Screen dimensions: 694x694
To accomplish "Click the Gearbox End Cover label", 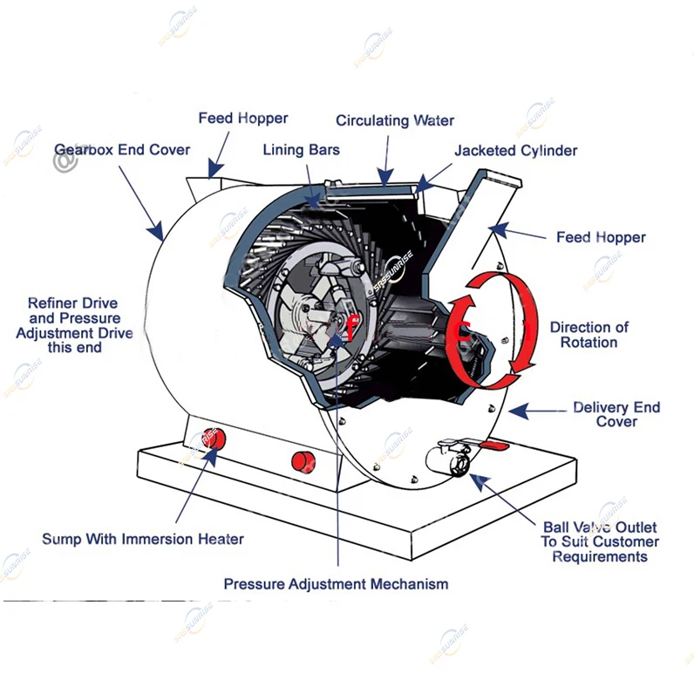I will click(122, 149).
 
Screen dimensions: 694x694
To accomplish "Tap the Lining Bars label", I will click(301, 150).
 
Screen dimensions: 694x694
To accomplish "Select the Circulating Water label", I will click(395, 120).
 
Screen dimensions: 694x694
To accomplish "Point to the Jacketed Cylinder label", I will click(515, 150).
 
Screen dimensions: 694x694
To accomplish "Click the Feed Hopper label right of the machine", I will click(601, 236).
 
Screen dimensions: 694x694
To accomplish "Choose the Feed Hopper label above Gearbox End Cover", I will click(242, 117).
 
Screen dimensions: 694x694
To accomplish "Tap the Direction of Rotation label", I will click(589, 335).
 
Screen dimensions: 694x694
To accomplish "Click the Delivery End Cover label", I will click(616, 414).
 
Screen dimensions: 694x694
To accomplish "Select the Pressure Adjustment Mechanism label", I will click(336, 583).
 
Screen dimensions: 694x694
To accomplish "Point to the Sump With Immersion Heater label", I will click(143, 539).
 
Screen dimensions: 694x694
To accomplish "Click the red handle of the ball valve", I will click(494, 446).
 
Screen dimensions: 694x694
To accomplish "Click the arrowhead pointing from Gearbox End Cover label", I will click(158, 234).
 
